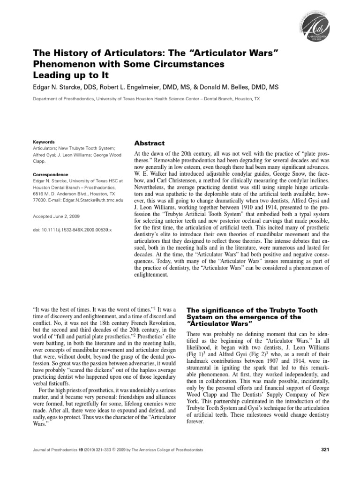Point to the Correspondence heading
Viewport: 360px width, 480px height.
pos(51,174)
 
